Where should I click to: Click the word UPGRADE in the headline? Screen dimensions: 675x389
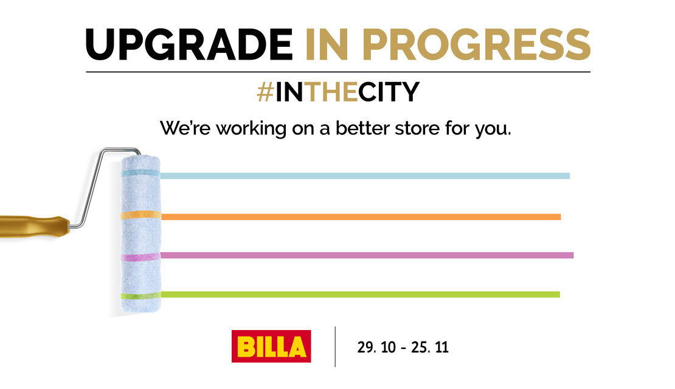(189, 44)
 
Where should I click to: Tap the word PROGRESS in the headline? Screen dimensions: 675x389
(477, 44)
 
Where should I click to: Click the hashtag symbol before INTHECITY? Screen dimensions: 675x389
(265, 92)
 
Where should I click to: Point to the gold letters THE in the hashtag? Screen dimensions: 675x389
(331, 92)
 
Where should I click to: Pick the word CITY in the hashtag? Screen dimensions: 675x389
(389, 92)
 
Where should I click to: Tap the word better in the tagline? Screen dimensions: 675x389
(363, 128)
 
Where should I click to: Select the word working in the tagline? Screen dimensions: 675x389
(251, 129)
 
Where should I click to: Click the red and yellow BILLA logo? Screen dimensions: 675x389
(271, 346)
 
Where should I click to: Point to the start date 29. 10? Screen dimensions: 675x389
(376, 347)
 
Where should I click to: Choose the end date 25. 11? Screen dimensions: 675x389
(429, 347)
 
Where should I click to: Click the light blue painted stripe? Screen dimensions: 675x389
(365, 176)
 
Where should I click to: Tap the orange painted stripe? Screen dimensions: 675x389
(361, 217)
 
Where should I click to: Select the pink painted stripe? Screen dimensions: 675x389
(367, 255)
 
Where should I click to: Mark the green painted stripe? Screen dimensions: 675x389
(361, 294)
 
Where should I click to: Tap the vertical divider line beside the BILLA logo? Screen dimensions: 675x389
(335, 347)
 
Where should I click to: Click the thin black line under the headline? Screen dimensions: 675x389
(338, 72)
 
